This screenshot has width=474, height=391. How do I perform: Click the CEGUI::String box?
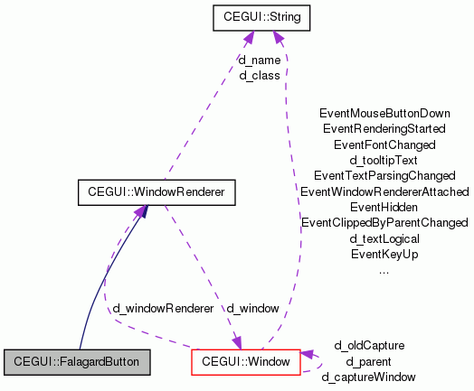click(261, 16)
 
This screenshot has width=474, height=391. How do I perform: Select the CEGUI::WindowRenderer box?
click(156, 192)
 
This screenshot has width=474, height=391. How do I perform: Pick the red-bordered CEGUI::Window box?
click(246, 362)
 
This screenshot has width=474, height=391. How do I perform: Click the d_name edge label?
click(259, 61)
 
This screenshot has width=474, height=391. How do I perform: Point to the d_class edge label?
click(259, 75)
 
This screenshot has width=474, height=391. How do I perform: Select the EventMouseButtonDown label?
click(384, 114)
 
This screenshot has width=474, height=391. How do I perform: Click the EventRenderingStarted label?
click(384, 129)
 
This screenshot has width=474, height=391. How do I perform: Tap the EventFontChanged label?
click(384, 144)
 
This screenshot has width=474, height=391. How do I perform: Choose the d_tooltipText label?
click(384, 160)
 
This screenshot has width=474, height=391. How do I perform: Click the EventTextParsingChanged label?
click(384, 175)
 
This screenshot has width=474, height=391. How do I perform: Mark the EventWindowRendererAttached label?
click(384, 191)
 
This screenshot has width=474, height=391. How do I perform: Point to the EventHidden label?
click(384, 207)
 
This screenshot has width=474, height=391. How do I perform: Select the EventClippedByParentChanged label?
click(384, 222)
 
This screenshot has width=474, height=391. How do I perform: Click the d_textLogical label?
click(384, 238)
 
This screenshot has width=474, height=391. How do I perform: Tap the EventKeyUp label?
click(384, 255)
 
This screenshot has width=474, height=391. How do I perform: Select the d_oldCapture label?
click(369, 345)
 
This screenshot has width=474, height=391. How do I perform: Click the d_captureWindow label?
click(369, 377)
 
